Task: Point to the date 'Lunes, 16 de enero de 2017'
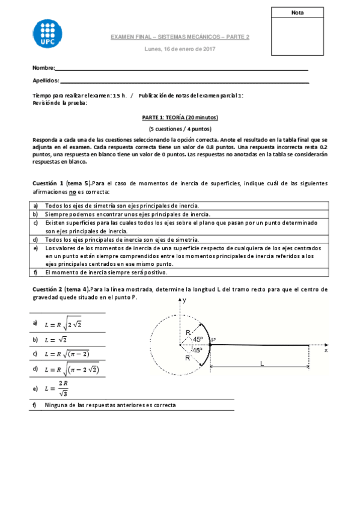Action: tap(180, 49)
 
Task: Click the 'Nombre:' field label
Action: tap(44, 68)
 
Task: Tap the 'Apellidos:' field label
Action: tap(46, 81)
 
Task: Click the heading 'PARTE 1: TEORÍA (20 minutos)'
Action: tap(180, 118)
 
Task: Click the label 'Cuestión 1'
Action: tap(48, 183)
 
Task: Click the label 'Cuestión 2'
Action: tap(48, 289)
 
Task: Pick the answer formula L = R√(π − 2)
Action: tap(67, 354)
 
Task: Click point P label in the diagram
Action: tap(214, 339)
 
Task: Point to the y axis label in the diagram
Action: tap(185, 299)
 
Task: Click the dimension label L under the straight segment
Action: tap(261, 363)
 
